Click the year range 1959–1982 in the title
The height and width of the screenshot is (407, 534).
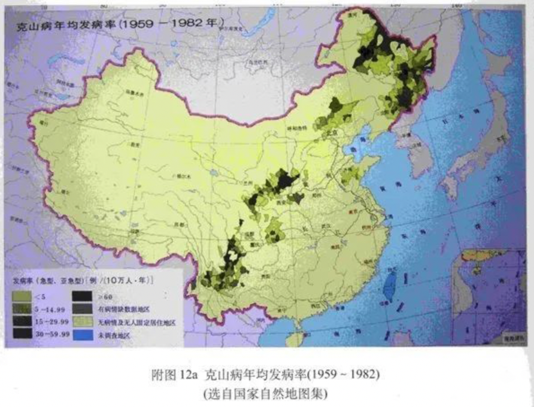[x=174, y=25]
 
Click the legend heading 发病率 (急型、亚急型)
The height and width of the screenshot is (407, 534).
[x=48, y=280]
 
